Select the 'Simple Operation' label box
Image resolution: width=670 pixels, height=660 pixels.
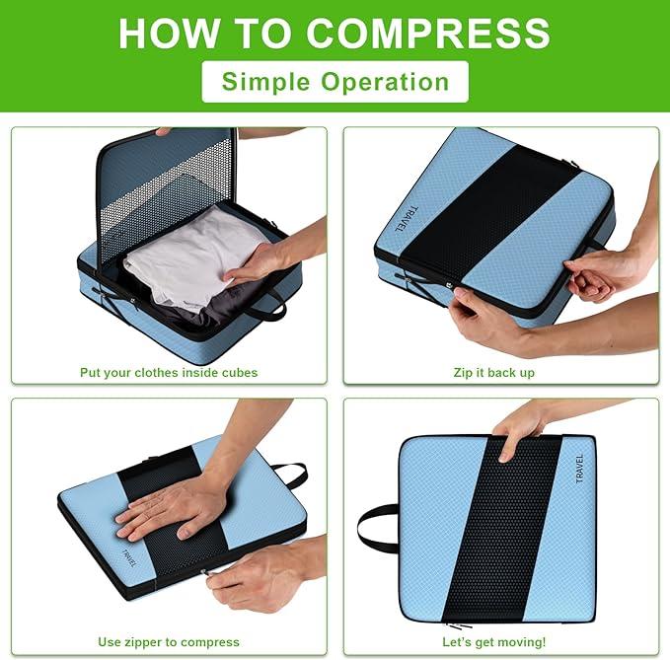tap(335, 81)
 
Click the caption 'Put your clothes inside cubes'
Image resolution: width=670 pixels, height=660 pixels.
tap(169, 372)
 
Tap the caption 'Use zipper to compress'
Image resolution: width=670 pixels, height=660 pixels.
tap(169, 642)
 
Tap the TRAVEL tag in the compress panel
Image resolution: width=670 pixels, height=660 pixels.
tap(129, 558)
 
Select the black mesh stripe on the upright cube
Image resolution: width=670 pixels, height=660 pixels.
tap(497, 533)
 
